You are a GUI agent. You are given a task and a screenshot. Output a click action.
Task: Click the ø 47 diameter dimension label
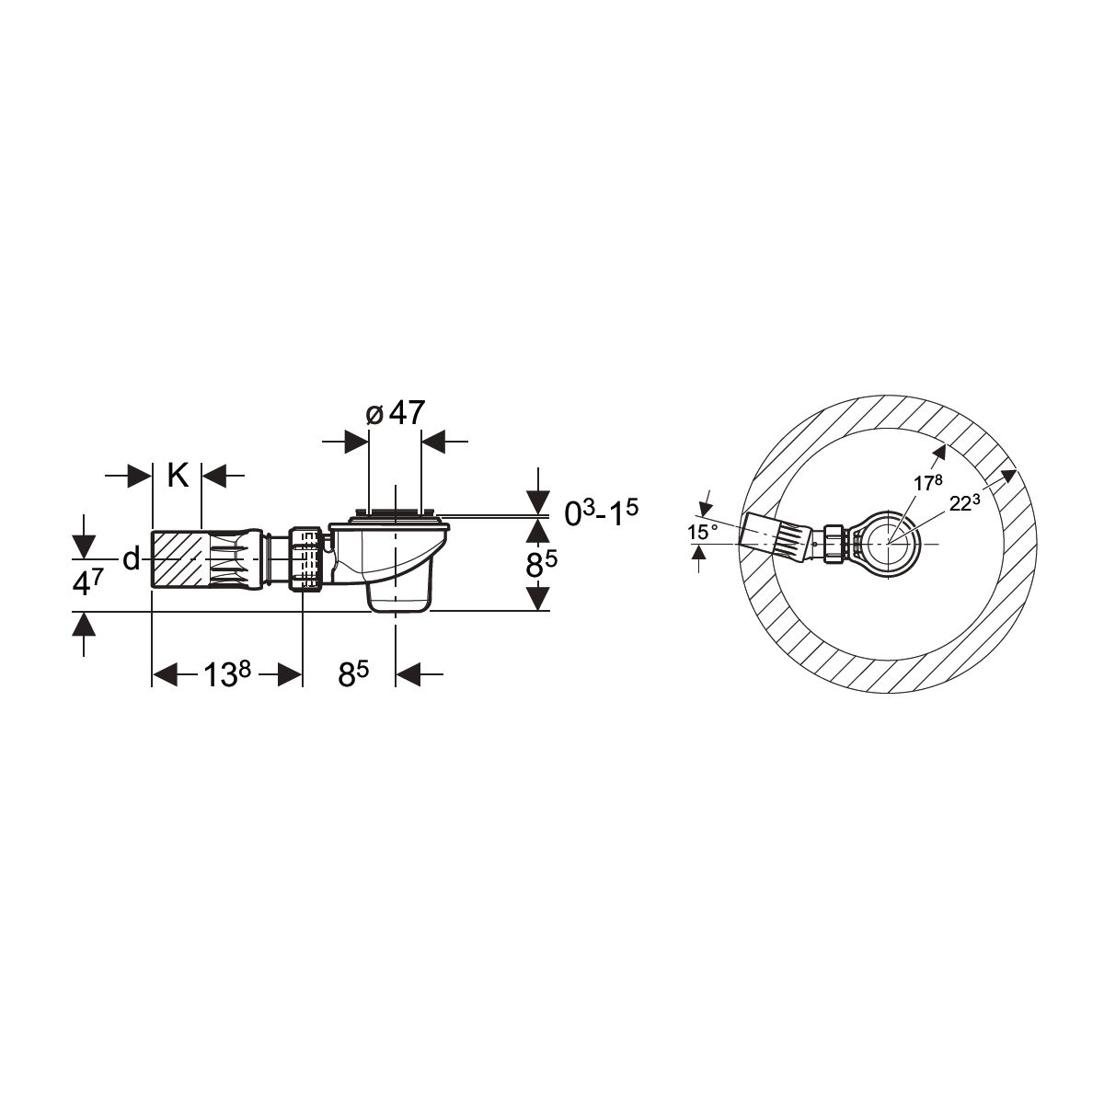(x=396, y=413)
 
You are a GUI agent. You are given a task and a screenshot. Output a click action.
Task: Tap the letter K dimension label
(x=178, y=475)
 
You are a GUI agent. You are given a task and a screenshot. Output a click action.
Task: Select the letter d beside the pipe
(x=132, y=558)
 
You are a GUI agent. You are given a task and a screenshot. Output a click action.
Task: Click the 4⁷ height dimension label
(x=87, y=583)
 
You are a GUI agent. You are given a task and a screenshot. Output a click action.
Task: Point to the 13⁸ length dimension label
(x=227, y=674)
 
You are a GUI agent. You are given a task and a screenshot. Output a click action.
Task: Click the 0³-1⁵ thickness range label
(x=601, y=512)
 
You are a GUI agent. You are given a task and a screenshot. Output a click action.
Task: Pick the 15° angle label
(x=702, y=533)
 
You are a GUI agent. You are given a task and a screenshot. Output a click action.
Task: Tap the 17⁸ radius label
(x=927, y=482)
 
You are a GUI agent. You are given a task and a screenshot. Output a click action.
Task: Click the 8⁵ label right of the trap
(x=541, y=566)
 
